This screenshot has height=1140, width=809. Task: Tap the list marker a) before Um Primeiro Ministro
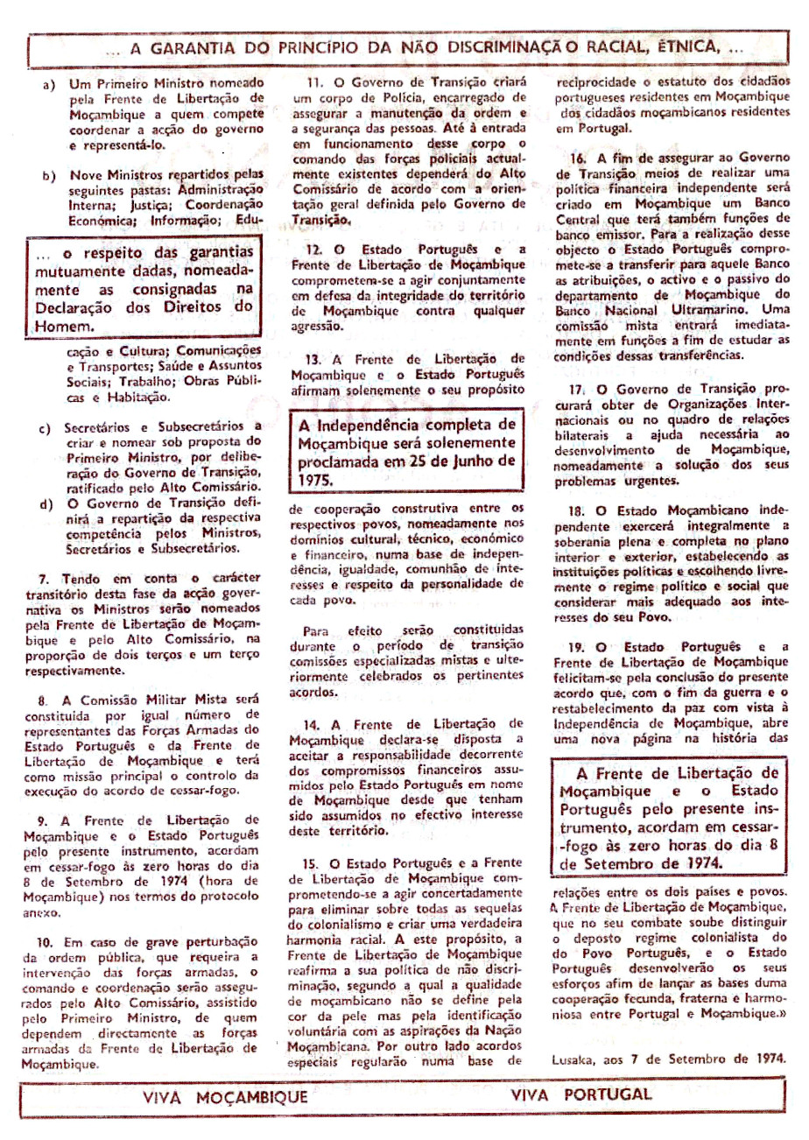49,88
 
